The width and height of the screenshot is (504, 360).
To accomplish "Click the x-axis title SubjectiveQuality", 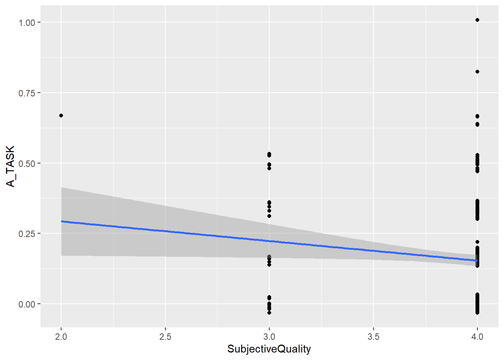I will (x=269, y=349).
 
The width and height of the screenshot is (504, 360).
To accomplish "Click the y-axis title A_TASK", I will (x=10, y=166).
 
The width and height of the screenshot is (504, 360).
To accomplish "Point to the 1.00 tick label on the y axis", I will (x=27, y=22).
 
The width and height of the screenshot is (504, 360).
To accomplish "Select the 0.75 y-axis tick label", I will (x=27, y=93).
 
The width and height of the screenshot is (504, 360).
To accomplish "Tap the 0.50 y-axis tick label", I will (x=27, y=163).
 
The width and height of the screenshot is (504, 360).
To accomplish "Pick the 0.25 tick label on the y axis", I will (x=27, y=234).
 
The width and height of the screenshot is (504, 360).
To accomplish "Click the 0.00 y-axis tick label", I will (x=27, y=304).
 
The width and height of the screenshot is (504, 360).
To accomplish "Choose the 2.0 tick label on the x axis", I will (x=61, y=337).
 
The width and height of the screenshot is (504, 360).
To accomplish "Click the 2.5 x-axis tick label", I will (x=165, y=337).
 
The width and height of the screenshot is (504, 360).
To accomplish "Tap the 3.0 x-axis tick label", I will (x=269, y=337).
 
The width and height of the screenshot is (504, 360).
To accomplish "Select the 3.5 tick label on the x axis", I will (x=373, y=337).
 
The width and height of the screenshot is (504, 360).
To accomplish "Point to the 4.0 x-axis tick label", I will (x=477, y=337).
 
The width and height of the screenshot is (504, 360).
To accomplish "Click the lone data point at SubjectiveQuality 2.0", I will (x=61, y=115).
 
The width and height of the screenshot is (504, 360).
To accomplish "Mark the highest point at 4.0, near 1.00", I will (x=477, y=20).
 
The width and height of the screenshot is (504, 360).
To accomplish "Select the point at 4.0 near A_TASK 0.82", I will (x=477, y=72).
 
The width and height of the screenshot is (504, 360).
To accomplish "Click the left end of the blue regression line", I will (x=62, y=221).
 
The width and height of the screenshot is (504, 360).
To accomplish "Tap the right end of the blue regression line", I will (x=476, y=260).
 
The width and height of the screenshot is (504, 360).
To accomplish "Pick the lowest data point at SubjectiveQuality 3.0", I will (x=269, y=312).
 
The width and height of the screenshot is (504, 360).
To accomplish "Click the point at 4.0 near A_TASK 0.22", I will (x=477, y=242).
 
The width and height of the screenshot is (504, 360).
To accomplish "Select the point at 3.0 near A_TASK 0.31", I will (x=269, y=216).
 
